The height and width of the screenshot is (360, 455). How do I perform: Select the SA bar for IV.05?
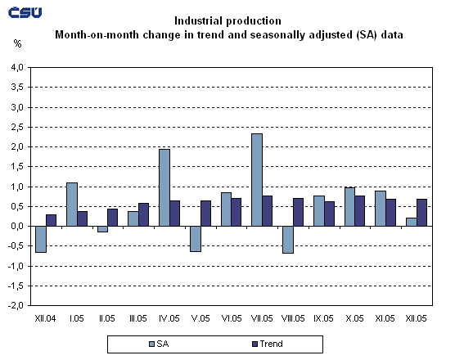pyautogui.click(x=164, y=187)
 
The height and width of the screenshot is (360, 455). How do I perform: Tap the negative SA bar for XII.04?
pyautogui.click(x=40, y=239)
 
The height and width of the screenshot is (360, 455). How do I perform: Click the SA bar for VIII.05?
pyautogui.click(x=287, y=239)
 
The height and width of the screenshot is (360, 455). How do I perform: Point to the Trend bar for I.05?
pyautogui.click(x=82, y=218)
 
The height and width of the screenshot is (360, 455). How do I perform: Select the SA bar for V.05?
pyautogui.click(x=195, y=238)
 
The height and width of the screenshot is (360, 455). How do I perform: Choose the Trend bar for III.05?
pyautogui.click(x=144, y=214)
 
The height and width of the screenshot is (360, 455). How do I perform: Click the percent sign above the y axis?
pyautogui.click(x=17, y=41)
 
